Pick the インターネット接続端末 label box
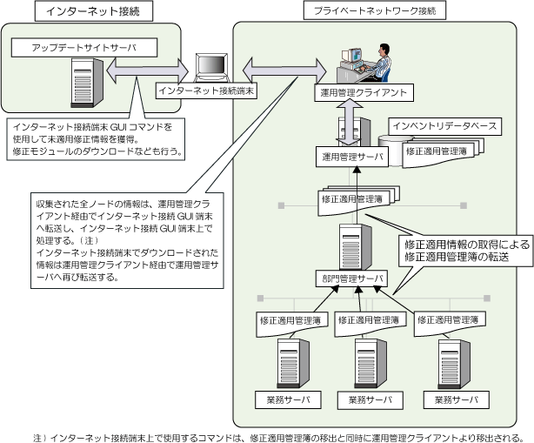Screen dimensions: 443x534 [207, 90]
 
